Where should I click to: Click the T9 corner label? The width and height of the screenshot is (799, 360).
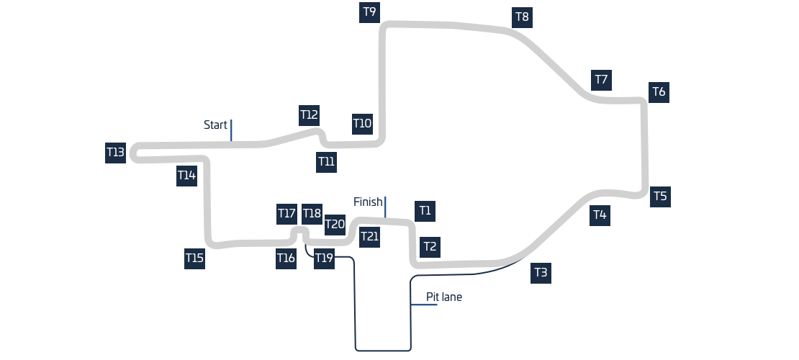coord(369,12)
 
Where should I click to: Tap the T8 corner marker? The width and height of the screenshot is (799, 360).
coord(523,17)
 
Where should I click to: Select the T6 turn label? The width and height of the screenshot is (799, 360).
coord(659,92)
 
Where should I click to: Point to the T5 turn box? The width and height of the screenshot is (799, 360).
coord(660,197)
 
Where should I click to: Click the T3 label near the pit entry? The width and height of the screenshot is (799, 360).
coord(541,273)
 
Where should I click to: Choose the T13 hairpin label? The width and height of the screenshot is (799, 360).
coord(116,153)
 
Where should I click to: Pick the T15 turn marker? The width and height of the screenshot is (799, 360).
coord(194,258)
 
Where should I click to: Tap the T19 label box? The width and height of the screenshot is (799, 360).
coord(324,258)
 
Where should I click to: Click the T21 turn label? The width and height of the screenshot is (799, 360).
coord(369,237)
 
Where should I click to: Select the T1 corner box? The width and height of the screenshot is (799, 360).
coord(425,211)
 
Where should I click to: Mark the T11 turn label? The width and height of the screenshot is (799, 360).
coord(326,162)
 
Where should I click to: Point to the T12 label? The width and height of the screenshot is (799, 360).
coord(310,115)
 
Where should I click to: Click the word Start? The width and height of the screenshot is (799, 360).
coord(215,125)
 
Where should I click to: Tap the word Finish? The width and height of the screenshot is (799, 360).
coord(368,202)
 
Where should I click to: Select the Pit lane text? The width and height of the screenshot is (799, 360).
coord(444,297)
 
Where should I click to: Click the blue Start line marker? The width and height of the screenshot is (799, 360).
coord(231,130)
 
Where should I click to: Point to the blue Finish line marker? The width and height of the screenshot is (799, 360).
coord(385,207)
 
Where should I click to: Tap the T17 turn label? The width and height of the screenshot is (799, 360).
coord(287,214)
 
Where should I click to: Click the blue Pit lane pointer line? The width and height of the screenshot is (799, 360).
coord(424,305)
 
